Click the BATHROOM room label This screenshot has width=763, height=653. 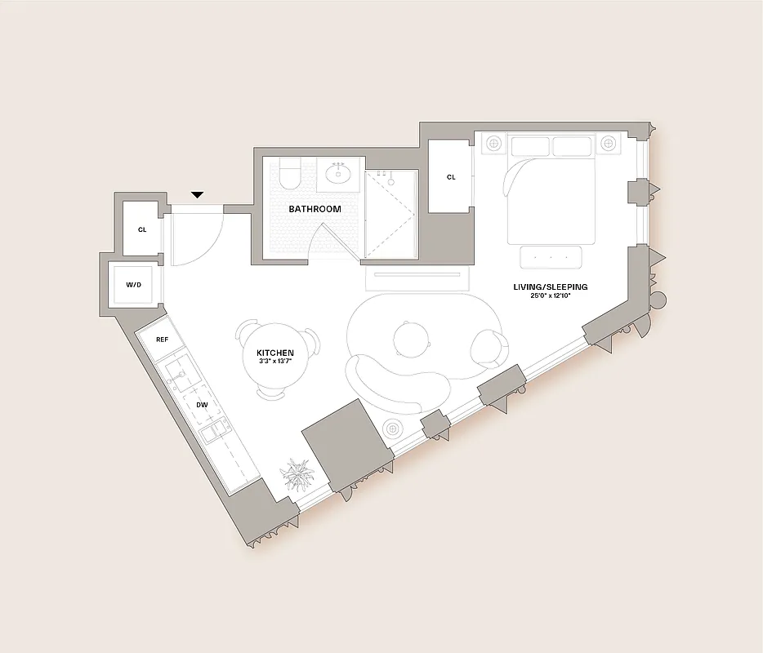315,209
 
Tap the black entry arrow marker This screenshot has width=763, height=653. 197,195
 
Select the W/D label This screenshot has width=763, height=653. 132,285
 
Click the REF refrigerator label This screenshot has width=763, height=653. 162,339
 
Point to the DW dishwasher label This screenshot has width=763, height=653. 201,404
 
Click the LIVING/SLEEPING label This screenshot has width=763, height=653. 550,287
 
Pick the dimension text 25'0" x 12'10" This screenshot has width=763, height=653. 551,297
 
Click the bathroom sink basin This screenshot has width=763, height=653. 339,173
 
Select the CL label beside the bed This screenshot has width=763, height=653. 451,177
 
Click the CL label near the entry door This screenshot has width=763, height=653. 141,229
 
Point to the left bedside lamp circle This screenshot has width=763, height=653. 493,144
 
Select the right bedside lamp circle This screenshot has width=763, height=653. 608,144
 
